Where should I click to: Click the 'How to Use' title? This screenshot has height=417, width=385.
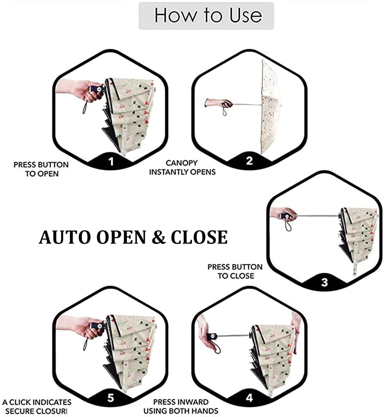click(208, 15)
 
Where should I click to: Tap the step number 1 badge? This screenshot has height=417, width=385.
click(111, 161)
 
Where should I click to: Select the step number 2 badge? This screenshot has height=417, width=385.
click(249, 161)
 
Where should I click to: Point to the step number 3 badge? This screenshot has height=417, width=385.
click(325, 282)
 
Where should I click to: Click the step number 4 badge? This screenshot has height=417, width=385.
click(249, 397)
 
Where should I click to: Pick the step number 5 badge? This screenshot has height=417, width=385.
click(111, 398)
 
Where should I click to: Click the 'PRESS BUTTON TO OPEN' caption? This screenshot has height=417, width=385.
click(41, 169)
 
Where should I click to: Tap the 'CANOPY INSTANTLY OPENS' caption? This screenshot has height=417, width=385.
click(182, 167)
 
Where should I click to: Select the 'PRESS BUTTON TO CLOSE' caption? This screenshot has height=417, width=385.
click(235, 271)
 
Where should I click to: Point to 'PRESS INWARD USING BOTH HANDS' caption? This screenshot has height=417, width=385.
click(181, 406)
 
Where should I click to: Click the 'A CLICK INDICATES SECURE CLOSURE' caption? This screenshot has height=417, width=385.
click(37, 406)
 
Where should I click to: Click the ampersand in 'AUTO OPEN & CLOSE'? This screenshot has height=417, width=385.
click(159, 237)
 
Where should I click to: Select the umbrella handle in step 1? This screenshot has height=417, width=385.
click(98, 89)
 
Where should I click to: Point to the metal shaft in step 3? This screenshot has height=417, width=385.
click(317, 216)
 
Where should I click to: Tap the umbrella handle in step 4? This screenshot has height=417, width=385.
click(212, 337)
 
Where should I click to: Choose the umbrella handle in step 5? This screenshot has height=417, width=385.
click(98, 326)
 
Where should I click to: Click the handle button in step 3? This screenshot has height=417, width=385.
click(287, 216)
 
